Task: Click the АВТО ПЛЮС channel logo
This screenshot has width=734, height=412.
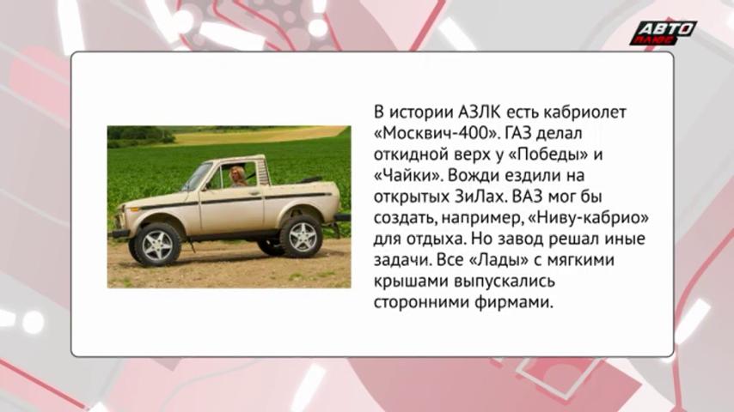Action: [663, 33]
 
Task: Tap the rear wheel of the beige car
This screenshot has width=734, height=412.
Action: [300, 237]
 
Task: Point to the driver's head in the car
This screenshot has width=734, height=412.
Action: [237, 175]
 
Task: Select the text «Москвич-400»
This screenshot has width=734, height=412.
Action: [437, 134]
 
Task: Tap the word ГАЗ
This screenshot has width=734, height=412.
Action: [517, 134]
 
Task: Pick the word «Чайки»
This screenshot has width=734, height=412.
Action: [407, 176]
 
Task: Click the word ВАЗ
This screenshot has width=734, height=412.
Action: [528, 197]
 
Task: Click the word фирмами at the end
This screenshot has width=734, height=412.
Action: [514, 302]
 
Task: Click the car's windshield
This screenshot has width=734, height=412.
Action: [198, 177]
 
